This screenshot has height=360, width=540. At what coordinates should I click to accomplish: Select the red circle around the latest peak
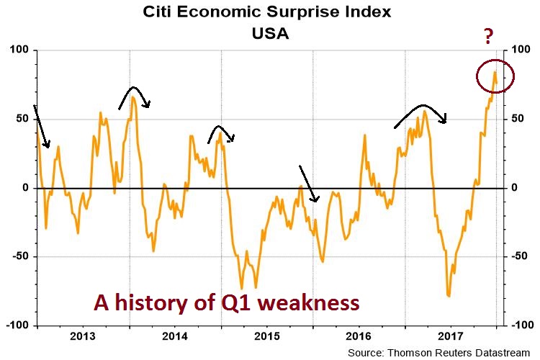tap(495, 76)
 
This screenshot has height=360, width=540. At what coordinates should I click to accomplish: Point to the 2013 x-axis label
tap(83, 336)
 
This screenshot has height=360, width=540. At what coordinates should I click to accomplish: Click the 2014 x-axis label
tap(175, 336)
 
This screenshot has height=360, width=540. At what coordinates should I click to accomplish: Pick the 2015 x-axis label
tap(267, 336)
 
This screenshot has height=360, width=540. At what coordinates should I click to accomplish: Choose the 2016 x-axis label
tap(359, 336)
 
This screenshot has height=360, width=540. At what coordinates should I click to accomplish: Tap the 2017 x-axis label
tap(451, 336)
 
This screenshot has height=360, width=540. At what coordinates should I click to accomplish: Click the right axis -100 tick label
tap(521, 325)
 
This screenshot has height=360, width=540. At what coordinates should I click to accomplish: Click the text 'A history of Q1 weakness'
tap(226, 303)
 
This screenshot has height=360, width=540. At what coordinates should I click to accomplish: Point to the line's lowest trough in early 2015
tap(242, 287)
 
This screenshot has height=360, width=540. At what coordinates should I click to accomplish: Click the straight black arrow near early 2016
tap(307, 183)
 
